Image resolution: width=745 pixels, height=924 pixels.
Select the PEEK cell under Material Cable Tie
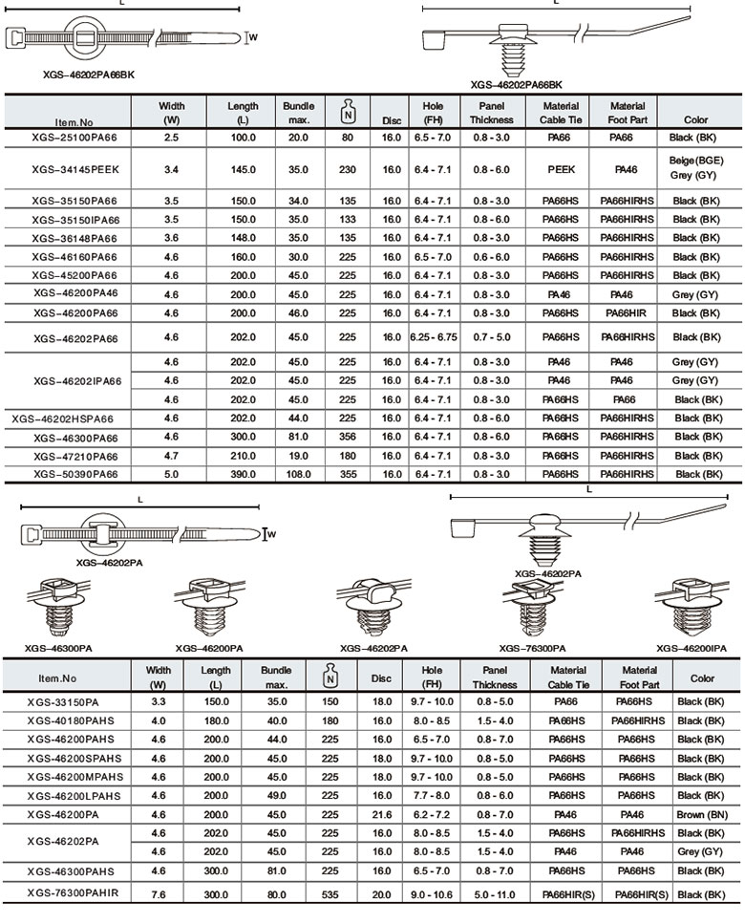click(x=561, y=169)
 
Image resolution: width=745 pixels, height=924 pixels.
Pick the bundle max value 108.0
click(x=298, y=474)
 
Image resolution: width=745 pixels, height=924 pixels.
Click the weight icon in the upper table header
click(x=348, y=113)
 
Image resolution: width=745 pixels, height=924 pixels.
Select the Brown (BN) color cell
click(x=701, y=814)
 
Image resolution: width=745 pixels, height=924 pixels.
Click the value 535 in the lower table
click(x=330, y=894)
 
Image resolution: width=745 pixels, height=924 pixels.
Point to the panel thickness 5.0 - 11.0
click(x=493, y=894)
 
